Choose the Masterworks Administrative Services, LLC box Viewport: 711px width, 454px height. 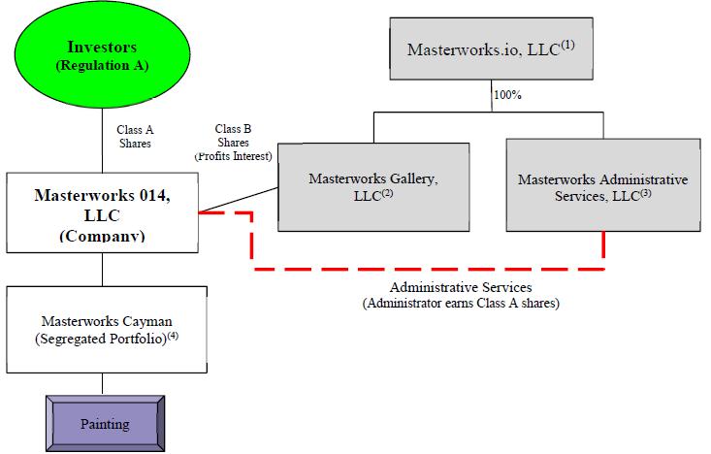pyautogui.click(x=602, y=187)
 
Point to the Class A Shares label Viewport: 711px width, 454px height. pyautogui.click(x=136, y=135)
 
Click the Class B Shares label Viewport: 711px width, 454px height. pyautogui.click(x=233, y=136)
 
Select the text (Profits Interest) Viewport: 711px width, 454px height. pyautogui.click(x=233, y=155)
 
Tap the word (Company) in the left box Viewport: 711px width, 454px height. pyautogui.click(x=102, y=234)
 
